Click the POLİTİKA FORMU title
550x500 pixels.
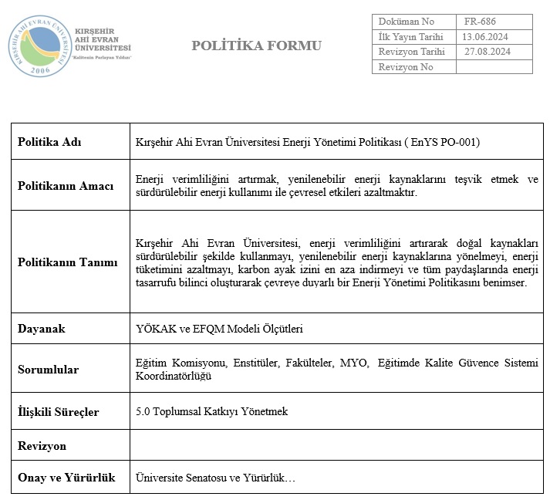[257, 46]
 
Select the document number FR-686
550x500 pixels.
[482, 22]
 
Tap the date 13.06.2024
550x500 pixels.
[484, 36]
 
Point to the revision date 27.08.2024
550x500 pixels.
[487, 52]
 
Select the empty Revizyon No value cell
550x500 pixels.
[494, 67]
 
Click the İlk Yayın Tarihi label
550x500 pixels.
[410, 36]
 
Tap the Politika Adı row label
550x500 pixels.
[49, 142]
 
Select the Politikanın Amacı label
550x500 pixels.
[66, 186]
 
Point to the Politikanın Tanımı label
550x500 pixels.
[68, 262]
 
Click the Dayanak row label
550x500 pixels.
[42, 329]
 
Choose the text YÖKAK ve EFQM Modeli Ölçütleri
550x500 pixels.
[219, 329]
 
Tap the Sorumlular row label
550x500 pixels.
[48, 370]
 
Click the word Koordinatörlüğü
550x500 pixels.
[174, 377]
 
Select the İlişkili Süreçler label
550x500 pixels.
[58, 412]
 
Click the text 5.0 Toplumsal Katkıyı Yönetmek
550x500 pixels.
[211, 411]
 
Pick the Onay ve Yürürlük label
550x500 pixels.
[66, 478]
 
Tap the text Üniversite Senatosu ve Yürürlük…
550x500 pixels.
[215, 478]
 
